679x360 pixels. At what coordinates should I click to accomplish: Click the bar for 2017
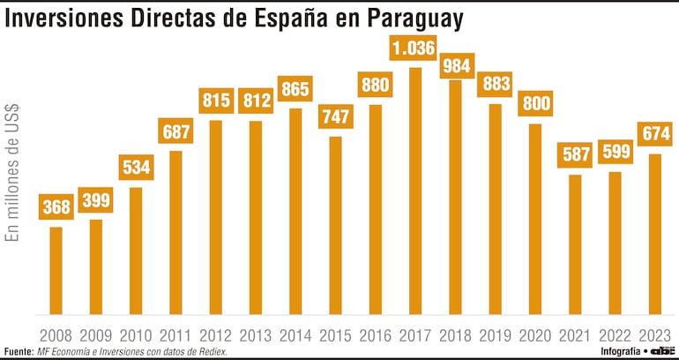click(415, 191)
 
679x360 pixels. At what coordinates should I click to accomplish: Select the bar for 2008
click(56, 270)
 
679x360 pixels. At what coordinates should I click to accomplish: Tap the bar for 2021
click(575, 244)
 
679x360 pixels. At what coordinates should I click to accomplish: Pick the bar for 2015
click(335, 225)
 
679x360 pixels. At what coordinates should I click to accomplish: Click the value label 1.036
click(414, 48)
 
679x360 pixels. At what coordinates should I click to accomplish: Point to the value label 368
click(56, 207)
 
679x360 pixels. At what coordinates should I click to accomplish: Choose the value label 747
click(335, 117)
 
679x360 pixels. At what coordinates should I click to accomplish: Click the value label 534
click(136, 167)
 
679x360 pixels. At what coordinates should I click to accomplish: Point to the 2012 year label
click(216, 335)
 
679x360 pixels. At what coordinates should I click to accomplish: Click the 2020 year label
click(535, 335)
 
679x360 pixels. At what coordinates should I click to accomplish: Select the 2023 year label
click(655, 335)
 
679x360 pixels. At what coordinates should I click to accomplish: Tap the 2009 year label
click(96, 335)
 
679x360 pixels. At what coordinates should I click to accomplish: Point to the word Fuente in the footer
click(18, 351)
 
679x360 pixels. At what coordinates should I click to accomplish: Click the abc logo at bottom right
click(662, 351)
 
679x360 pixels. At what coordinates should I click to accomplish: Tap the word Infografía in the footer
click(620, 351)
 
